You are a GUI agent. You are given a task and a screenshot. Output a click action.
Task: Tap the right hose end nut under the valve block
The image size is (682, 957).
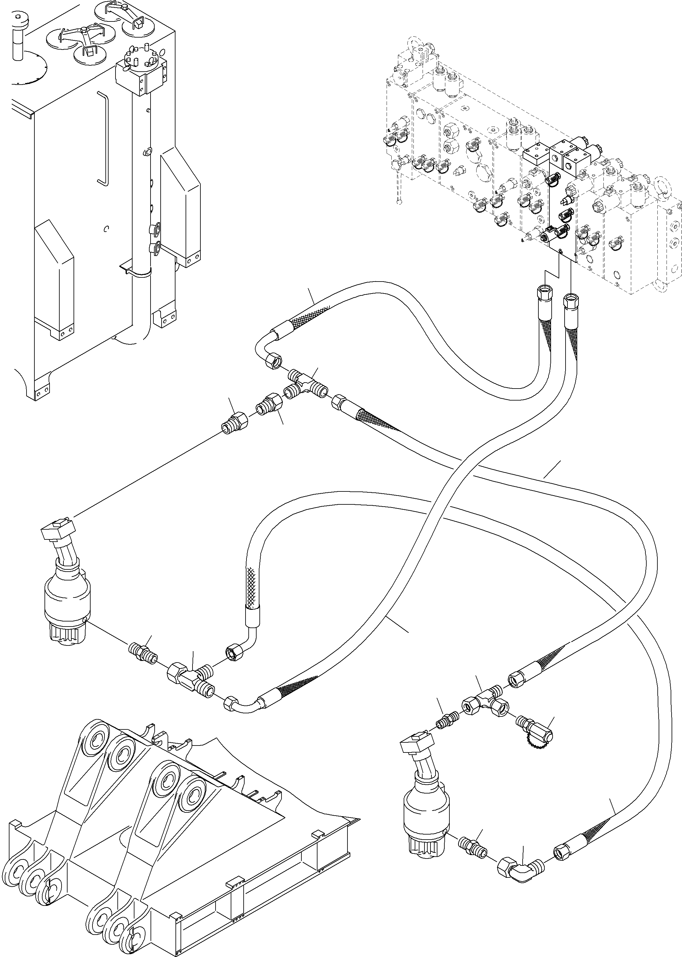[x=570, y=301]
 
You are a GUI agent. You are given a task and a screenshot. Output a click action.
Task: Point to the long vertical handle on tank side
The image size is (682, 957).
[x=103, y=139]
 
